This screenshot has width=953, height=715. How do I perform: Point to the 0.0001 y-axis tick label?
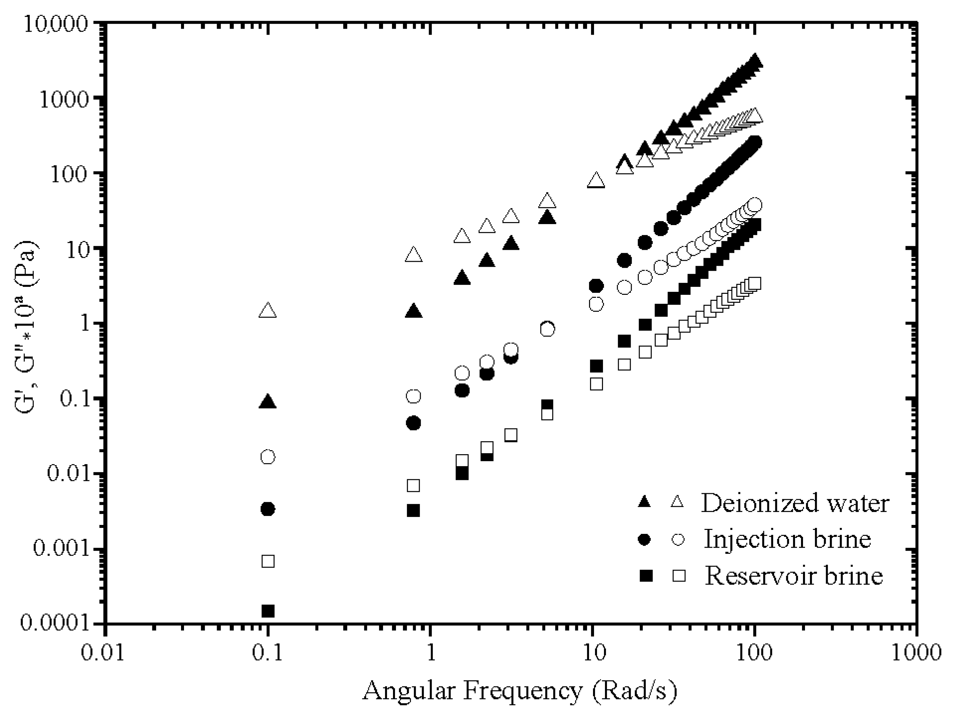click(x=51, y=623)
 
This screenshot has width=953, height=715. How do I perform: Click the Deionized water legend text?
click(x=795, y=503)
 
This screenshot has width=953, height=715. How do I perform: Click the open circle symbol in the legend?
click(x=678, y=539)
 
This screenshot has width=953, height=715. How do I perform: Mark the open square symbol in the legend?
click(x=679, y=575)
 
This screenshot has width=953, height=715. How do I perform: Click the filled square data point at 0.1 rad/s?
click(x=268, y=611)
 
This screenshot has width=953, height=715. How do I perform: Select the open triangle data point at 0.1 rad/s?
click(x=268, y=310)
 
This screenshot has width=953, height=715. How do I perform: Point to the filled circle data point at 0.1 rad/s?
click(x=268, y=509)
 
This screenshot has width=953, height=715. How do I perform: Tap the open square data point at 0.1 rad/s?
click(x=268, y=561)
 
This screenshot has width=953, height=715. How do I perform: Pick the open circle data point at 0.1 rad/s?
click(x=268, y=457)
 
